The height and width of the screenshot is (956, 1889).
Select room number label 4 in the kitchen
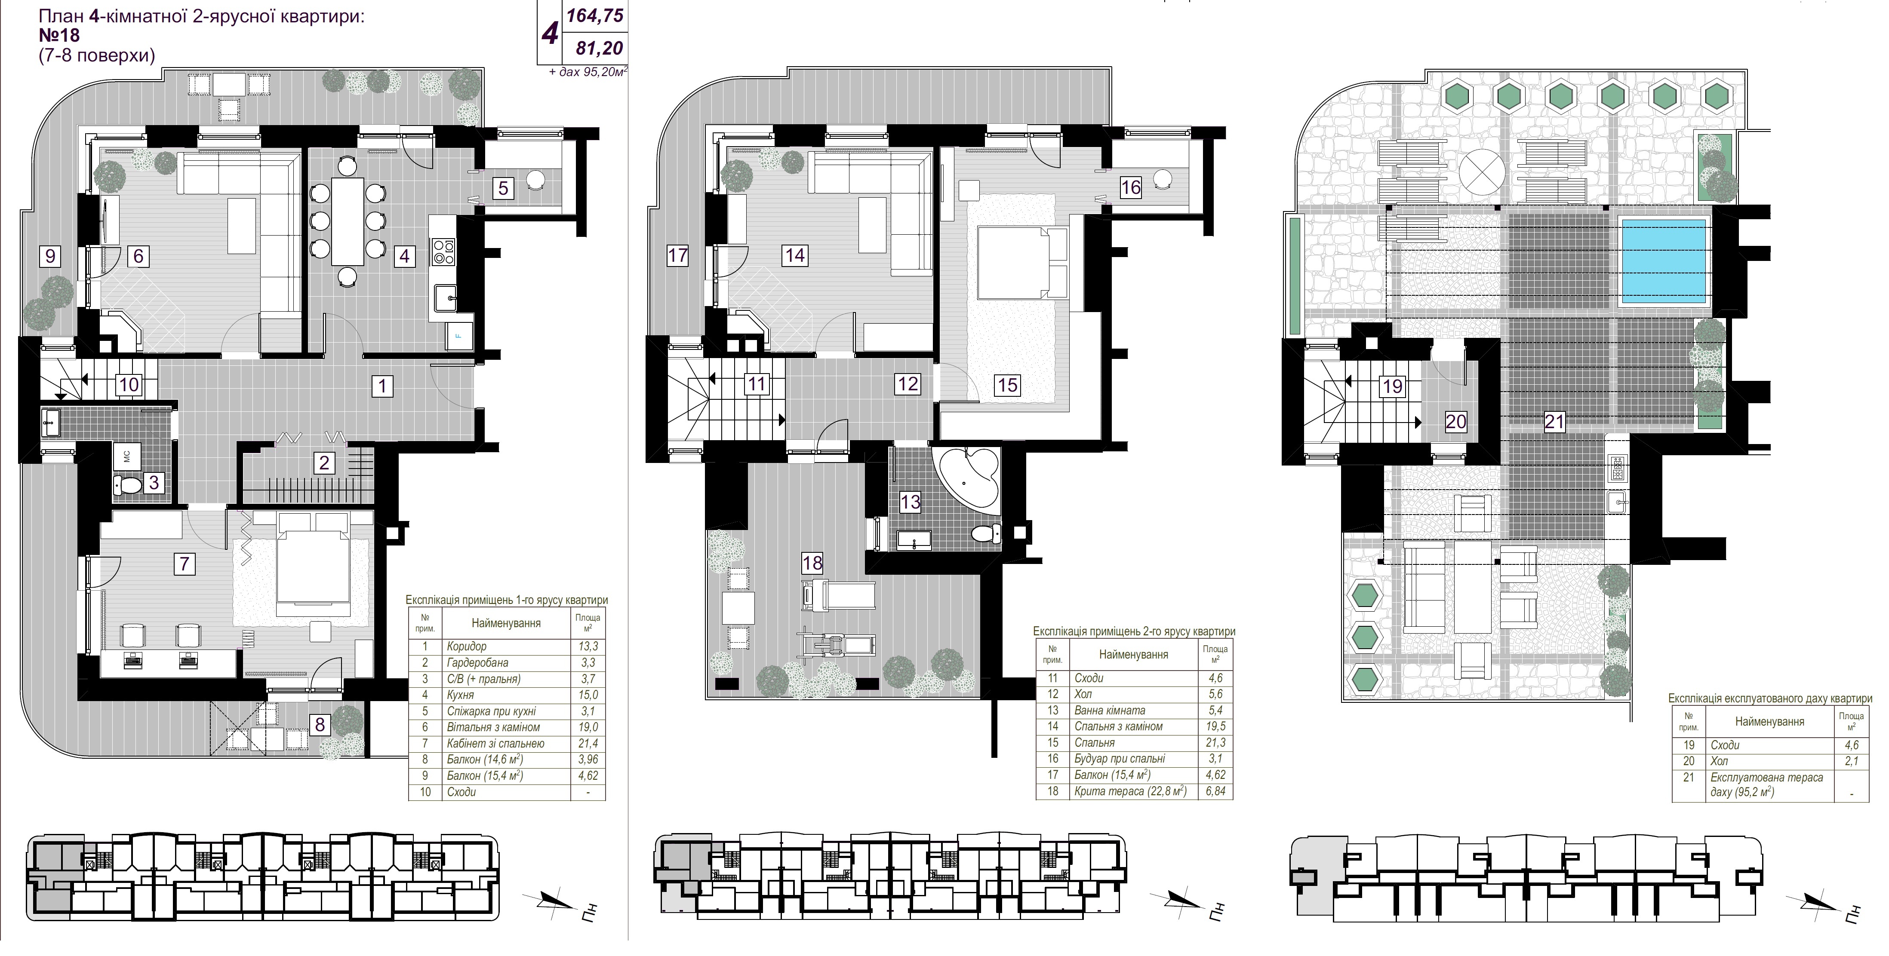point(403,256)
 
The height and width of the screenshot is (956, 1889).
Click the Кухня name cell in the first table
point(461,695)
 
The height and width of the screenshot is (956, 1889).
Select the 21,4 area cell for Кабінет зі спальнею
point(588,743)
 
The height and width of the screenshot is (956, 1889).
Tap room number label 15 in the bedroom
point(1008,385)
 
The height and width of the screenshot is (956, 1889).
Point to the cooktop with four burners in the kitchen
point(444,251)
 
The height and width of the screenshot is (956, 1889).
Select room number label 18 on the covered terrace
point(812,563)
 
